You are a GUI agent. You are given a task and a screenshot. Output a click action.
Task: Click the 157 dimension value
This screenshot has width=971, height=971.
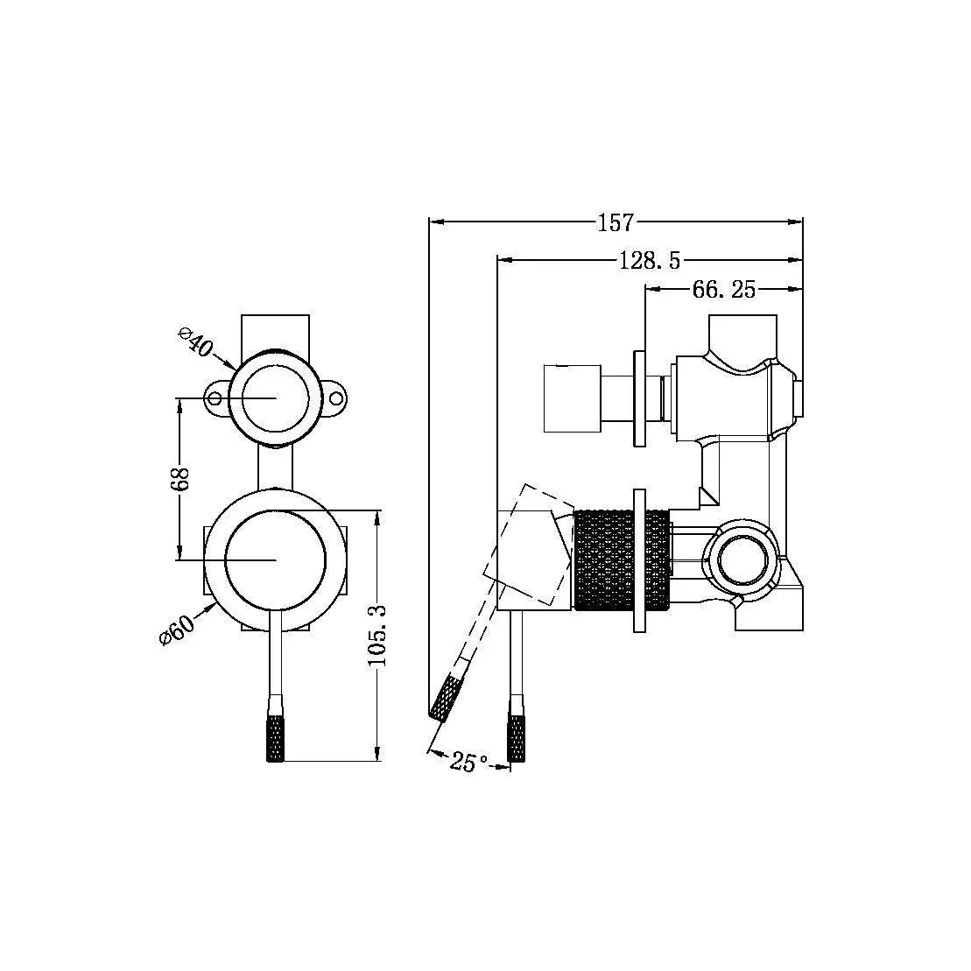coord(615,223)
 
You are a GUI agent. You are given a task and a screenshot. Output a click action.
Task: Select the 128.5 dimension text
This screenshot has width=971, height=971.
coord(650,260)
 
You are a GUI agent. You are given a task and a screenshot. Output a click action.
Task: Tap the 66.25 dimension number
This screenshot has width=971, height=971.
coord(723,290)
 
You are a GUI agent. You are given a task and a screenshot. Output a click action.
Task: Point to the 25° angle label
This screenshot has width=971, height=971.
coord(468,763)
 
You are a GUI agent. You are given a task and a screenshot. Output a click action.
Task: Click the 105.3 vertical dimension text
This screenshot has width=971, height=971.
coord(376,636)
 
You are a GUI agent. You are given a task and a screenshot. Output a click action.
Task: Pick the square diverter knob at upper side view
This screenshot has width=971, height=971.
coord(571,398)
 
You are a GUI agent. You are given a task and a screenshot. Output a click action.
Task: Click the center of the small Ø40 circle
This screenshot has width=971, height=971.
coord(277,398)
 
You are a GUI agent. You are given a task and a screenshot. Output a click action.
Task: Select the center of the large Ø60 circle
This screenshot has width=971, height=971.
coord(277,559)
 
